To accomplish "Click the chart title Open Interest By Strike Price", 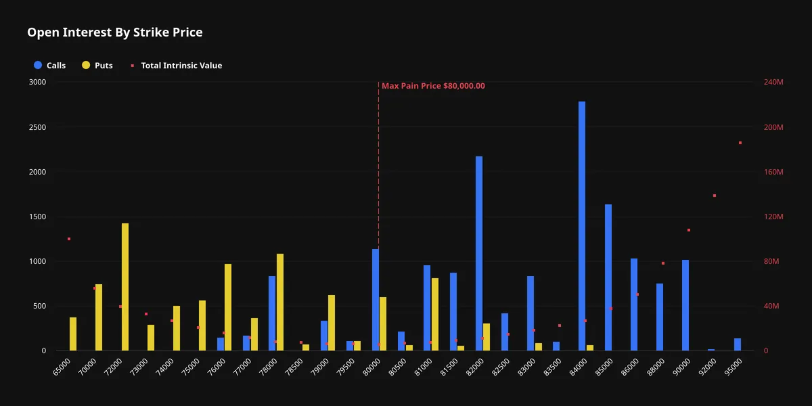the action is (x=115, y=32).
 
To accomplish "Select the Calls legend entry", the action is (x=49, y=65).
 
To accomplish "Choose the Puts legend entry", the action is (x=97, y=65).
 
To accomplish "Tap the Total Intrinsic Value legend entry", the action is (x=176, y=65).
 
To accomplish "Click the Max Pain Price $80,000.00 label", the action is (x=433, y=86).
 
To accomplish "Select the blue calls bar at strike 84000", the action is (x=582, y=226).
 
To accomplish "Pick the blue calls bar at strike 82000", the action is (x=479, y=253).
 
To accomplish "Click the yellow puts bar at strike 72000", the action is (x=125, y=287).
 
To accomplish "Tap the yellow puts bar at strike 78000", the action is (x=280, y=302).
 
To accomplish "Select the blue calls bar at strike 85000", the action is (x=608, y=277).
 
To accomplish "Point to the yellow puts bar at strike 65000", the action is (x=73, y=334).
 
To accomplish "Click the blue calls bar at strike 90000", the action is (x=685, y=305).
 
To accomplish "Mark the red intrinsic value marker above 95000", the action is (x=740, y=143).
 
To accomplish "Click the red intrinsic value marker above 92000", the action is (x=715, y=196).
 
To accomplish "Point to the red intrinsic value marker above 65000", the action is (x=69, y=239).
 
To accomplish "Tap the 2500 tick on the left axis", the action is (x=37, y=127).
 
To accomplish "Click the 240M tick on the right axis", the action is (x=773, y=83).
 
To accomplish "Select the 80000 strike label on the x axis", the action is (x=372, y=367).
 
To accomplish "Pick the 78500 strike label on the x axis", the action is (x=294, y=367).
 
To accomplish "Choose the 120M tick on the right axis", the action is (x=773, y=217).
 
